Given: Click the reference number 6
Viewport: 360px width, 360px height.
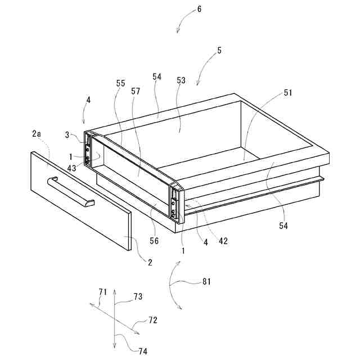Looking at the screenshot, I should [183, 10].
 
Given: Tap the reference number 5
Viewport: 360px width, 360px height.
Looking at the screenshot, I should [219, 51].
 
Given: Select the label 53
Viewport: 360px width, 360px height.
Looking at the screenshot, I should [181, 81].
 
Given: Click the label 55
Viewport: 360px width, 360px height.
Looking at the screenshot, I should [121, 83].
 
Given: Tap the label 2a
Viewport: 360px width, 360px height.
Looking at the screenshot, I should [37, 134].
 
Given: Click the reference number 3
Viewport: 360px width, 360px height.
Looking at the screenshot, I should [67, 135].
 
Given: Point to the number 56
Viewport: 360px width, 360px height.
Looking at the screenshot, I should [154, 241].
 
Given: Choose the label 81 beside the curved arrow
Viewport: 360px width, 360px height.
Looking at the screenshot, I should [206, 282].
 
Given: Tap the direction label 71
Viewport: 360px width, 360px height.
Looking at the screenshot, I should [102, 291].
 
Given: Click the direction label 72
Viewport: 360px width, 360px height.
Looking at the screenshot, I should [152, 320].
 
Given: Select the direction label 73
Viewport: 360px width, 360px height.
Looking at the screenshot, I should [138, 296].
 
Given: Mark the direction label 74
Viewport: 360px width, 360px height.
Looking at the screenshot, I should [143, 351].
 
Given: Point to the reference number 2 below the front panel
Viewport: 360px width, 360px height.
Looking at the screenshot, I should [150, 262].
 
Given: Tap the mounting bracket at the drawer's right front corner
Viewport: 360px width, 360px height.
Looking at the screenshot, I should [175, 202].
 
